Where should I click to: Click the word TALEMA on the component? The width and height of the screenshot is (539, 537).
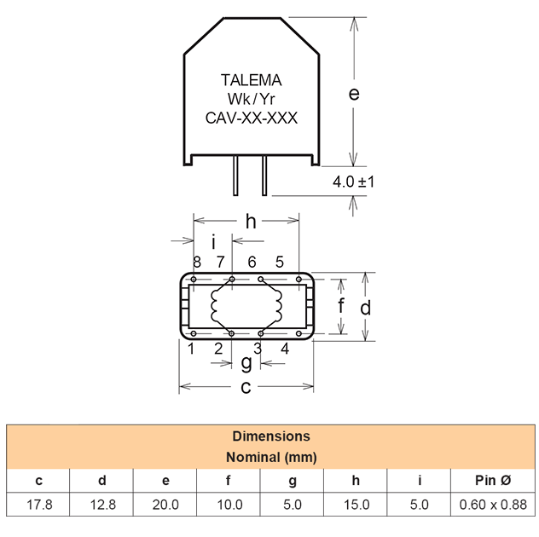point(251,80)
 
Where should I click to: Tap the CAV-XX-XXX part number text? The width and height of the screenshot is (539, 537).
point(252,118)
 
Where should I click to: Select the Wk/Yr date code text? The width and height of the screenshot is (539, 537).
point(252,100)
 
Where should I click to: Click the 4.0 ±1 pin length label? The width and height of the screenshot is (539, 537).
point(355,182)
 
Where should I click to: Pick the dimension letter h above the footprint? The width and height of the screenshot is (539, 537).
point(251,222)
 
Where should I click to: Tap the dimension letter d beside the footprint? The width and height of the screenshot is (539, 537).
point(366,307)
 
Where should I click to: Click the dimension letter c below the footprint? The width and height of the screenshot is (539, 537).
point(246,387)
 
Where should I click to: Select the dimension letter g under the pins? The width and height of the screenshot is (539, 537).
point(246,363)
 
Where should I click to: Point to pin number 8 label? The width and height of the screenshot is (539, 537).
point(196,261)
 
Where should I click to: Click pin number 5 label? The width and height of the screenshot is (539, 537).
point(279,261)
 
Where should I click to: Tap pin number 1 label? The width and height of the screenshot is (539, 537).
point(192,348)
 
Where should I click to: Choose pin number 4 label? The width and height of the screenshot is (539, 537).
point(285,348)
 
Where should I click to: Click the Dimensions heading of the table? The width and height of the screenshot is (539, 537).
point(270,436)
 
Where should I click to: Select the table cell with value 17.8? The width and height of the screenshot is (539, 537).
point(39,505)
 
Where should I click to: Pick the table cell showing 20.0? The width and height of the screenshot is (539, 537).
point(165,505)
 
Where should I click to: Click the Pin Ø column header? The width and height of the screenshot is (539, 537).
point(494,481)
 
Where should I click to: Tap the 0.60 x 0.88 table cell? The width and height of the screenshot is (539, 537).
point(494,505)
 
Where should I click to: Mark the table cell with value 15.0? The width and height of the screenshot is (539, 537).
point(356,505)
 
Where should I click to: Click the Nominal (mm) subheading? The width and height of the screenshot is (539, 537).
point(270,457)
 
